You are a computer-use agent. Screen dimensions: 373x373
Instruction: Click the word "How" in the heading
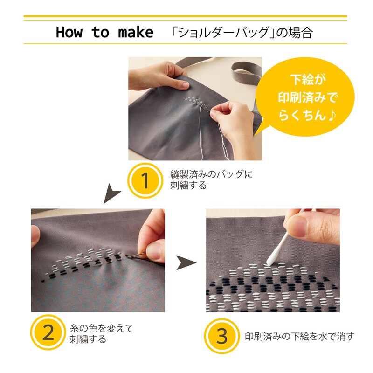[x=69, y=32]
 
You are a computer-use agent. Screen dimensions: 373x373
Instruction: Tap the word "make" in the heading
[x=136, y=32]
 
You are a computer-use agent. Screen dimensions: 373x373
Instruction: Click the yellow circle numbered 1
[x=145, y=180]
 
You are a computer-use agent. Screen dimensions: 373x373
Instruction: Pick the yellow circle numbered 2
[x=48, y=332]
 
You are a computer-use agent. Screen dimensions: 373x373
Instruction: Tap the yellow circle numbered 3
[x=222, y=336]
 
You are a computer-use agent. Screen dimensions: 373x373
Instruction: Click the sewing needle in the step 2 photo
[x=136, y=256]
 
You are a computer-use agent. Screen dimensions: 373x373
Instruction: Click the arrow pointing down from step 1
[x=111, y=193]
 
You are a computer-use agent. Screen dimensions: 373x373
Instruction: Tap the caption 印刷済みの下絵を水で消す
[x=300, y=336]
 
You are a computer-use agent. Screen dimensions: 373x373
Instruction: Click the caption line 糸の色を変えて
[x=102, y=328]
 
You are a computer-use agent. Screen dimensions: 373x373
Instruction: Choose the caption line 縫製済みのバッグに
[x=212, y=174]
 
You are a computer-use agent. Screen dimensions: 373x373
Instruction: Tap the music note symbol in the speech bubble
[x=332, y=116]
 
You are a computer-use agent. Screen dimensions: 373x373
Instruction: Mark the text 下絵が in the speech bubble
[x=307, y=79]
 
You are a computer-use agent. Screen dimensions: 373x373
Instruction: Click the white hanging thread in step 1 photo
[x=201, y=133]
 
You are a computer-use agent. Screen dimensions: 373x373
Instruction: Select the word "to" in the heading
[x=100, y=32]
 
